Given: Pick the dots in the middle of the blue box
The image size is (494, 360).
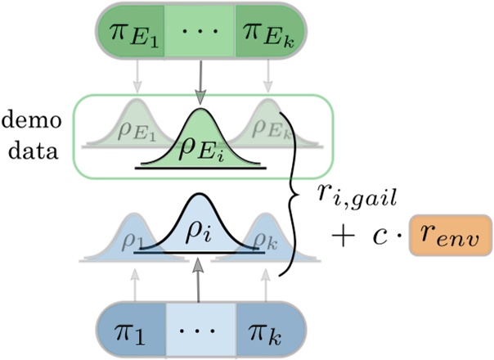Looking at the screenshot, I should click(x=198, y=326).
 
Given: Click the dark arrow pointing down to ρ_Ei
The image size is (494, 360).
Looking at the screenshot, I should click(x=198, y=83).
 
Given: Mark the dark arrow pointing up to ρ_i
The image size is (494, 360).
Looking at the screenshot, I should click(x=198, y=279).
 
